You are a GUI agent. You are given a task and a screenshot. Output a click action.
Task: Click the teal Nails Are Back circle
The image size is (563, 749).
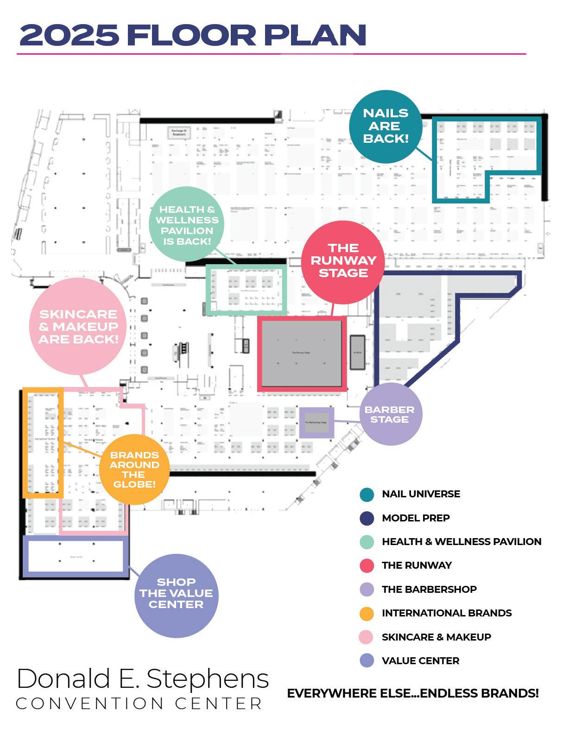386,126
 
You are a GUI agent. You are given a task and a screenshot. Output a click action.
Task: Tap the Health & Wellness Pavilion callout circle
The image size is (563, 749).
187,225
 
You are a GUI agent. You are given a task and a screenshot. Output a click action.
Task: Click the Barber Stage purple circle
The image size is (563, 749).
390,414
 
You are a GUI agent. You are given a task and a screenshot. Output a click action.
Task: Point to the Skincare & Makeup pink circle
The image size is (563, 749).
78,326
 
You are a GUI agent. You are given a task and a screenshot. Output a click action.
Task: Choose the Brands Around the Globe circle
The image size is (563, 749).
134,470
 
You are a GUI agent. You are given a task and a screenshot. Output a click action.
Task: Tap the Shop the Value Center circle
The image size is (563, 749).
176,594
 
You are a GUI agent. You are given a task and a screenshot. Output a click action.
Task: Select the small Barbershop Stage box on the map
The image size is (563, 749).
316,422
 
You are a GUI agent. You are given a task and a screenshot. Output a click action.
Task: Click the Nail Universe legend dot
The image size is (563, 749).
367,494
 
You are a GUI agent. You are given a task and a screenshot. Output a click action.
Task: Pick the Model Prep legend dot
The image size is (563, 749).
367,518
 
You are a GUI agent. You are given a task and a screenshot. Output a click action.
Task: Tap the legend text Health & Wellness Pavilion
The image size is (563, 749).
462,542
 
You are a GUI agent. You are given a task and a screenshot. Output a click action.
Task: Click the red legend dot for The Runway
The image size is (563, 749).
367,565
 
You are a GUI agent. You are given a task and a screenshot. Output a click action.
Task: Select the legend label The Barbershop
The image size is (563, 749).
429,590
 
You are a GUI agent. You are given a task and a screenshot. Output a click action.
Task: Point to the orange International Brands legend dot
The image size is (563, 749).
367,613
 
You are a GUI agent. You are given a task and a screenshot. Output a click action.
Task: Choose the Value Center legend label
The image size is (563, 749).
420,661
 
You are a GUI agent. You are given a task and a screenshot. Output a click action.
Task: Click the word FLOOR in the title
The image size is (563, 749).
191,35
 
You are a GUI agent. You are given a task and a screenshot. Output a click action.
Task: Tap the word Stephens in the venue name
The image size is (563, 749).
207,679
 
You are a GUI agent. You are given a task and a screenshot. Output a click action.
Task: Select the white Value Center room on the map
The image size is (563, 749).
76,556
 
